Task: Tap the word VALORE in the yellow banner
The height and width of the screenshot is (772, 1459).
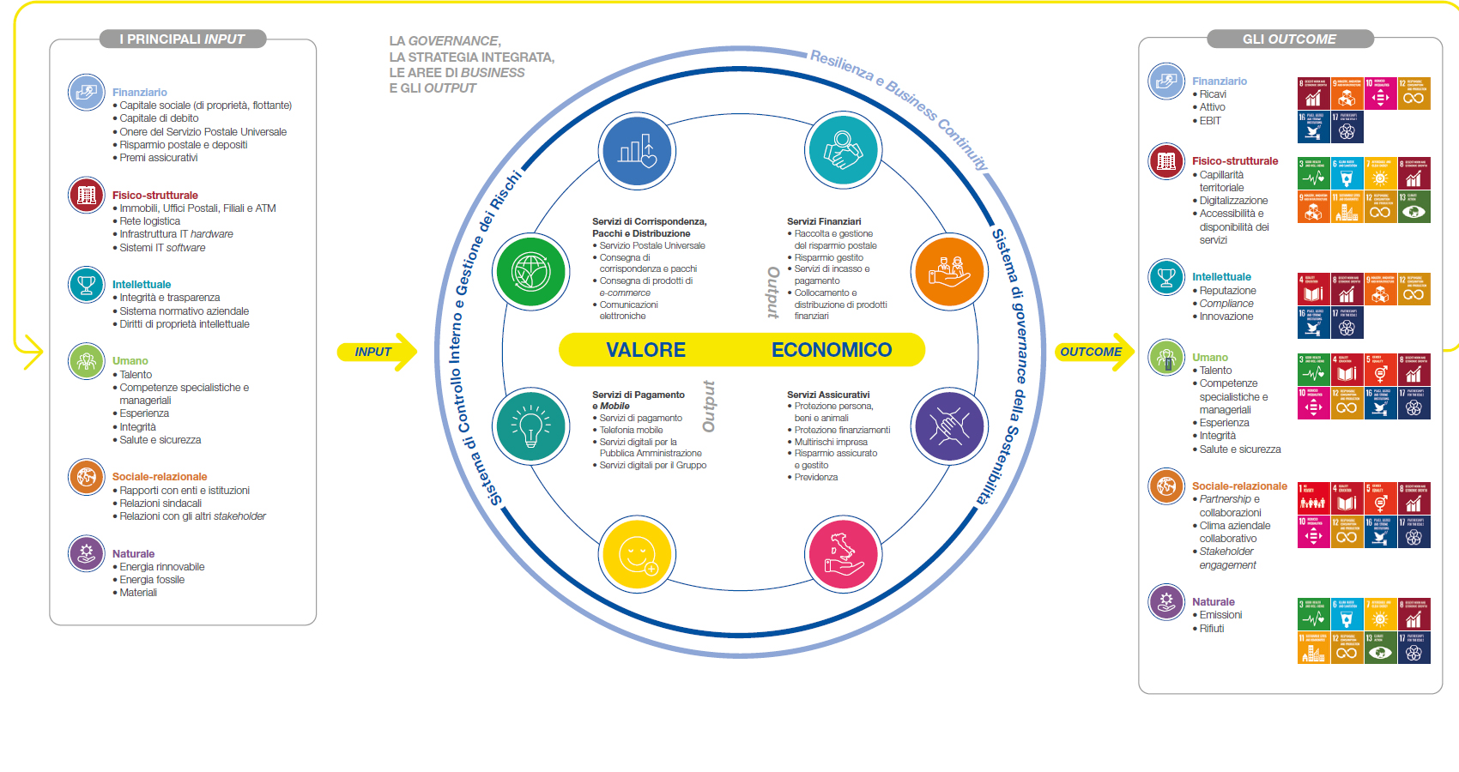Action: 645,350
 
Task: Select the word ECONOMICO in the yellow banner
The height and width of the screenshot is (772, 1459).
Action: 831,350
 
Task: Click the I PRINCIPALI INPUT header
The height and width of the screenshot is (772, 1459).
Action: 182,39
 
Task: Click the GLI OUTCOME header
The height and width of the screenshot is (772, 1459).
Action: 1289,39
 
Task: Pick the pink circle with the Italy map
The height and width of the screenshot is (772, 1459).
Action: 843,553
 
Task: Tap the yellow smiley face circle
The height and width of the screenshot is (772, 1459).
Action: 638,553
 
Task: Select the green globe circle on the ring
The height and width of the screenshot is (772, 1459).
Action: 531,270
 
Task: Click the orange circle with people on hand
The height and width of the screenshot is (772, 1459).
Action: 948,270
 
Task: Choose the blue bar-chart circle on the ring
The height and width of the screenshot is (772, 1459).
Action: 638,150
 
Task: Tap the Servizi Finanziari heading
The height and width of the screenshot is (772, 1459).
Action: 824,221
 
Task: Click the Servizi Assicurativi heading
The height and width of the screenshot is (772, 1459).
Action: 828,395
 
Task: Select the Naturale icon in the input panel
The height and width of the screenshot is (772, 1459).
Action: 86,553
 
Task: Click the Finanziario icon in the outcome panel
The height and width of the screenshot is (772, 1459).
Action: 1165,81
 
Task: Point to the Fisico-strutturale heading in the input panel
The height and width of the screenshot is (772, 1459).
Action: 154,196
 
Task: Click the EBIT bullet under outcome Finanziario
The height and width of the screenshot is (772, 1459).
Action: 1210,121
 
